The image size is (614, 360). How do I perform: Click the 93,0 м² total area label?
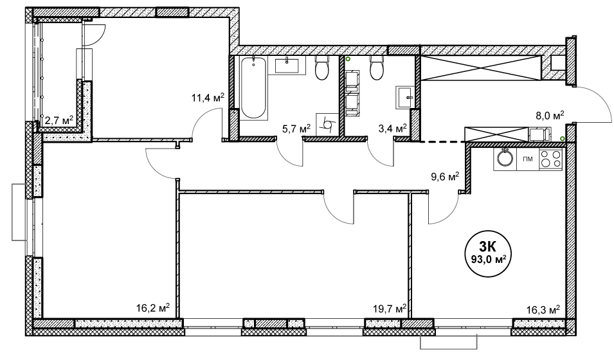[487, 258]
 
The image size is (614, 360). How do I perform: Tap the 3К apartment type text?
[488, 246]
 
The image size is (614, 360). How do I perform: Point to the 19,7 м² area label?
[390, 309]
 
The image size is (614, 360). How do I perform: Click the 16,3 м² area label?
[543, 310]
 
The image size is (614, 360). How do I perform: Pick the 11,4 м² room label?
[208, 97]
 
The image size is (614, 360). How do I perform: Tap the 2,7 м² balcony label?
[59, 120]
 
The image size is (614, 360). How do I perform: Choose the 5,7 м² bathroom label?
[296, 128]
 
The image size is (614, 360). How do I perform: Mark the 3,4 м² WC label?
[392, 128]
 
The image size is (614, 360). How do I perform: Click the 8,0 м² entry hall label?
[550, 116]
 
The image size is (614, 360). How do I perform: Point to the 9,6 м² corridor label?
[445, 177]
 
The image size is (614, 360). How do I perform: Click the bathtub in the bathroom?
[253, 87]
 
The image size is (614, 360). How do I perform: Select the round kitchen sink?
[505, 159]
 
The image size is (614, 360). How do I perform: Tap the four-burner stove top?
[550, 159]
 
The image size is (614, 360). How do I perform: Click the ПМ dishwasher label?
[527, 159]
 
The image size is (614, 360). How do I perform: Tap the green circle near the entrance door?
[563, 138]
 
